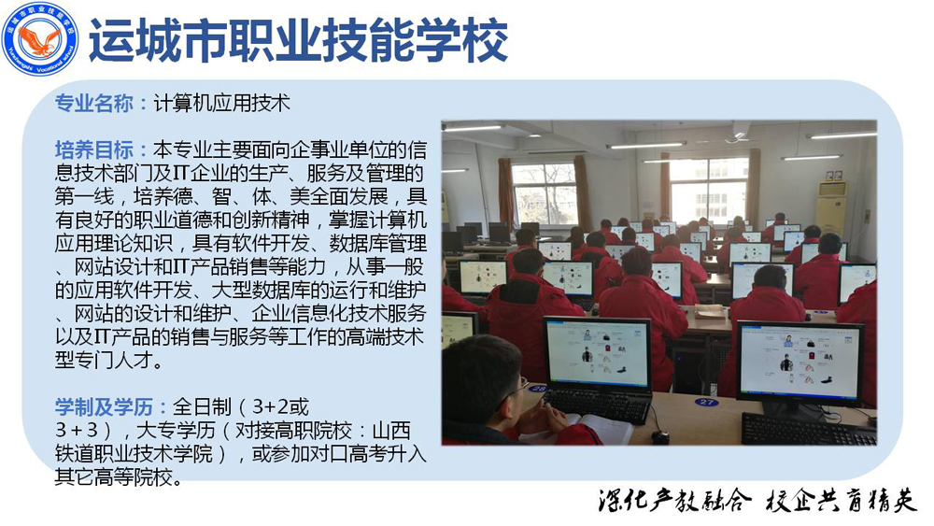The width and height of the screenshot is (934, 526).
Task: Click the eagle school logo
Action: tap(40, 38)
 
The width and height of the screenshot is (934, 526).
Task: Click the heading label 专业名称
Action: tap(93, 103)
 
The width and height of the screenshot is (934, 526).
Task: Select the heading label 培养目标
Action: tap(93, 149)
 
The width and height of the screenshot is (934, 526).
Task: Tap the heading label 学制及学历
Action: tap(104, 407)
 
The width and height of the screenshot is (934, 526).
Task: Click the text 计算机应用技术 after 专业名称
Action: tap(222, 103)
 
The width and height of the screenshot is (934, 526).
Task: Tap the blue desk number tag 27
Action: tap(706, 402)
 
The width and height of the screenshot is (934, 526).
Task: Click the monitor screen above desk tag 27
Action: tap(800, 362)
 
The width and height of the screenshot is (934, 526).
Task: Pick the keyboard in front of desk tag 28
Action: tap(597, 405)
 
